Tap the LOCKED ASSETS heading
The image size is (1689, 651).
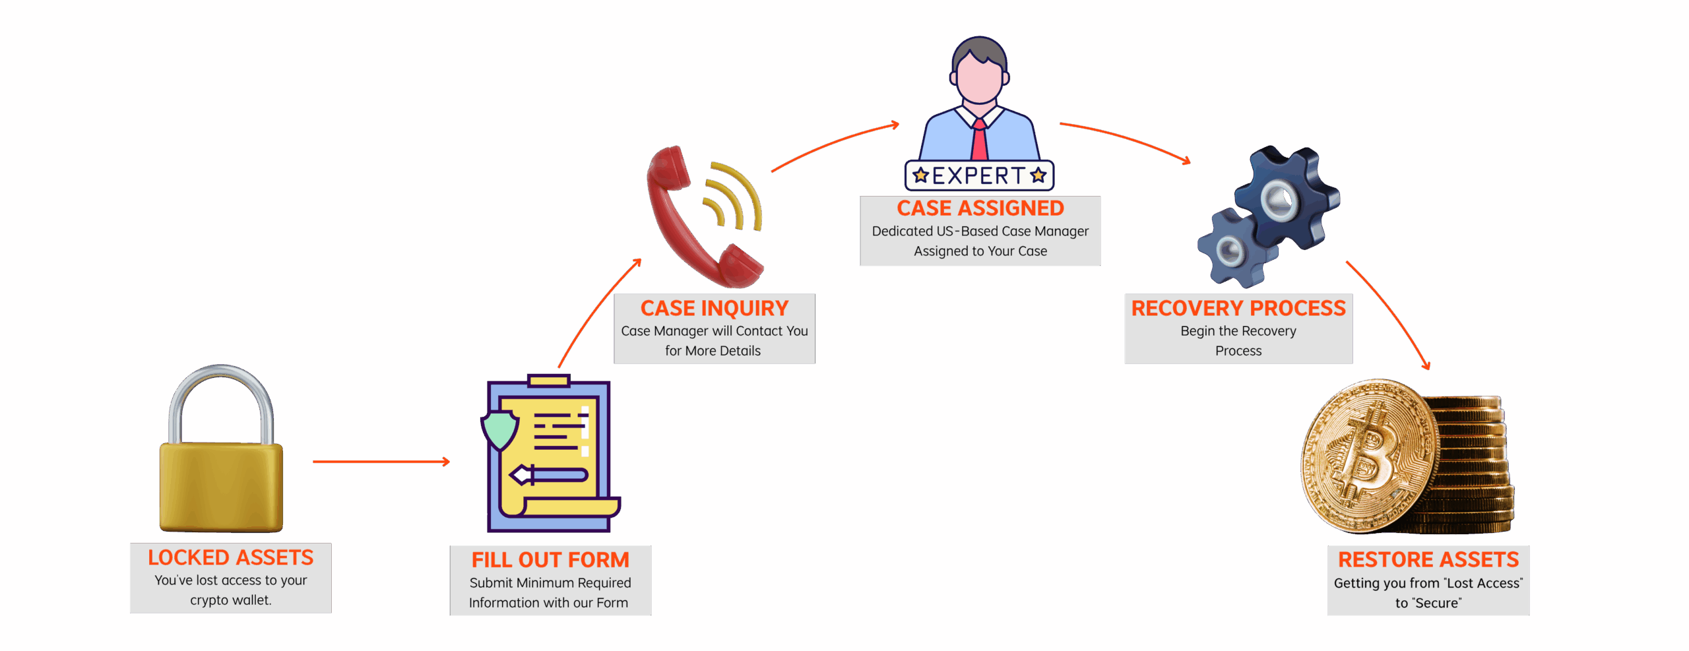coord(230,558)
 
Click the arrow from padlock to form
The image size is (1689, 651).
coord(381,462)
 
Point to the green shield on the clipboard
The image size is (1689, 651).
coord(499,429)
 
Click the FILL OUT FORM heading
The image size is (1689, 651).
coord(550,560)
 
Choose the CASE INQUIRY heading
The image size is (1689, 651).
coord(715,309)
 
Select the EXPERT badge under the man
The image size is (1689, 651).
coord(980,175)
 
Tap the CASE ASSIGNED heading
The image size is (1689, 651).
coord(980,208)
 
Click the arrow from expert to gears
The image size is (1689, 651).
coord(1125,139)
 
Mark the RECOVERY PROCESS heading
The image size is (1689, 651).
coord(1238,309)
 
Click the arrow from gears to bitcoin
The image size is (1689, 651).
coord(1389,313)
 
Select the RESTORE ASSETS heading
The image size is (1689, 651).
coord(1428,560)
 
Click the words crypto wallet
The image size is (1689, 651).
coord(230,600)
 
